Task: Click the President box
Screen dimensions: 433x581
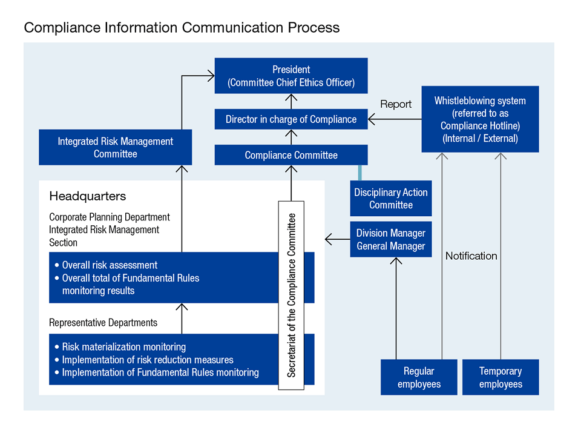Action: pyautogui.click(x=291, y=76)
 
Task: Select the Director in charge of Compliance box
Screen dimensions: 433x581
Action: pyautogui.click(x=291, y=119)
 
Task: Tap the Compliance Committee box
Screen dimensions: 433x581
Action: pyautogui.click(x=291, y=155)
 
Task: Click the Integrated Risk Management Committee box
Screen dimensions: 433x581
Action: pyautogui.click(x=115, y=147)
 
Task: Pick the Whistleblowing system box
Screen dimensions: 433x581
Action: pyautogui.click(x=480, y=119)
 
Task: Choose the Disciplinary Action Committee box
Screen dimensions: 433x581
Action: pyautogui.click(x=391, y=199)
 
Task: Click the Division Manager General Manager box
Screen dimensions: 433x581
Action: pyautogui.click(x=391, y=240)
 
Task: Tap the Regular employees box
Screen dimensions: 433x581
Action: pyautogui.click(x=419, y=377)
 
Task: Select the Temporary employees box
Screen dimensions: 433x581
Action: pyautogui.click(x=501, y=377)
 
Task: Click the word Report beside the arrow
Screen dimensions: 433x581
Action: pyautogui.click(x=396, y=104)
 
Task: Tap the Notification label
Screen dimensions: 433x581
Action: pyautogui.click(x=471, y=256)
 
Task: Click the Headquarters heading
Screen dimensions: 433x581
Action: pyautogui.click(x=87, y=196)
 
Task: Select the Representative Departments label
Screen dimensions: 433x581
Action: pyautogui.click(x=103, y=323)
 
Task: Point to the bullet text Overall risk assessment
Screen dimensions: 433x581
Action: pyautogui.click(x=110, y=265)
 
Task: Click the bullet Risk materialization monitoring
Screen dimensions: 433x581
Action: pyautogui.click(x=123, y=347)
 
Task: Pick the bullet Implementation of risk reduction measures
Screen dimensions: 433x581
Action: pyautogui.click(x=148, y=360)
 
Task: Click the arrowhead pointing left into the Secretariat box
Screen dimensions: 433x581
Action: pyautogui.click(x=329, y=240)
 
